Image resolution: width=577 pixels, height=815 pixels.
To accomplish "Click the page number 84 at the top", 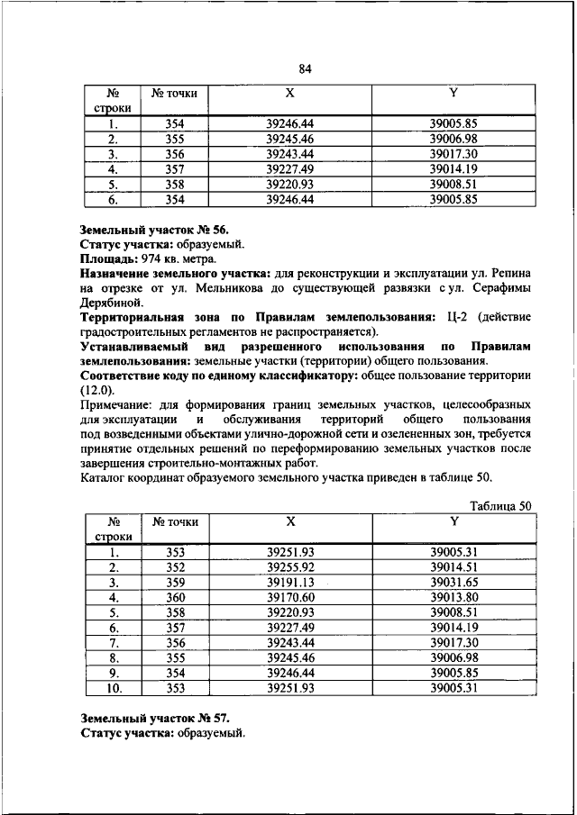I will click(x=304, y=68).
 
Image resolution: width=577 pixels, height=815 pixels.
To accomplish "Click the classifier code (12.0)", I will click(x=97, y=389).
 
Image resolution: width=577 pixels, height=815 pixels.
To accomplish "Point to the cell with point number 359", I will click(x=175, y=583).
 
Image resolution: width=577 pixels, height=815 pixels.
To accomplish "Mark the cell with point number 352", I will click(x=175, y=567).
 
